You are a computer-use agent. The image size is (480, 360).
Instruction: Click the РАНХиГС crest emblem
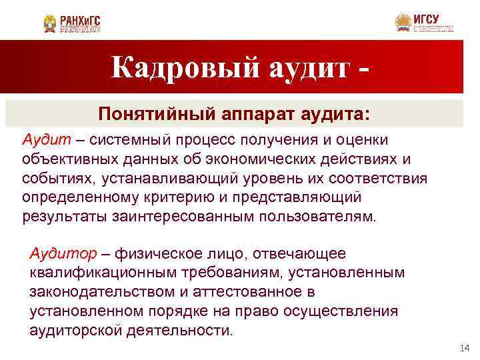pos(50,23)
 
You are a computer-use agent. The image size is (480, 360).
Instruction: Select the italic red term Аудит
pos(41,140)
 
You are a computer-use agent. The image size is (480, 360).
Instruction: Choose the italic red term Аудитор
pos(63,253)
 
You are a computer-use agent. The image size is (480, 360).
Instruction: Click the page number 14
pos(465,349)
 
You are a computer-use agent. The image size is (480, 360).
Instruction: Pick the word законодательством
pos(96,292)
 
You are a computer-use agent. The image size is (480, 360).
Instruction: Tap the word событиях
pos(53,179)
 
